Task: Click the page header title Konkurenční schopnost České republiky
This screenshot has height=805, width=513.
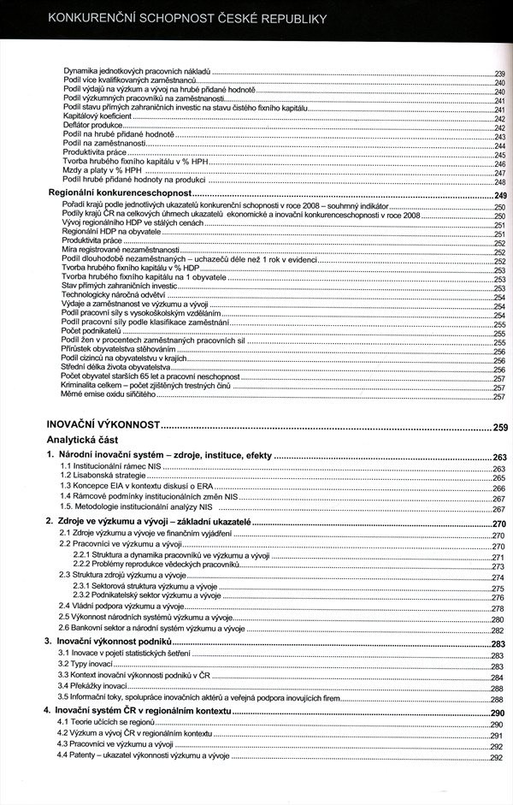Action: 188,18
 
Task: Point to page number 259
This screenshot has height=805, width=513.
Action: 499,427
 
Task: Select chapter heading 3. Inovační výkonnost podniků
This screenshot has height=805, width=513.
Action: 114,641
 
